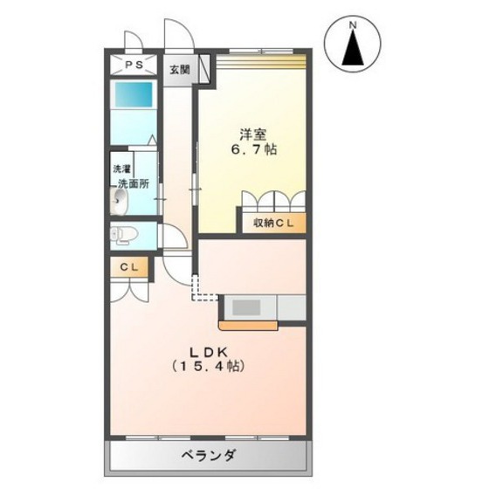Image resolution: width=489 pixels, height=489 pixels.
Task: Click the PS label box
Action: coord(133,65)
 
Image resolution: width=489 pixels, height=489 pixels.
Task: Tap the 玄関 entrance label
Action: coord(178,70)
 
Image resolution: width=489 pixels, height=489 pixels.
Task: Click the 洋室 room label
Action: coord(254,134)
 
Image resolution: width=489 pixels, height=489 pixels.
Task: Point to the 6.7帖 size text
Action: coord(254,150)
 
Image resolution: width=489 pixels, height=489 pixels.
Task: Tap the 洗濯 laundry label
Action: coord(120,169)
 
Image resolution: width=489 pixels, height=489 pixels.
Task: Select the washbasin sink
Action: coord(120,203)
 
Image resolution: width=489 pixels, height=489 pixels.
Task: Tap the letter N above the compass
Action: coord(353,28)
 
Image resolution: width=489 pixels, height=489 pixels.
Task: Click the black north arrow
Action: coord(353,52)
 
